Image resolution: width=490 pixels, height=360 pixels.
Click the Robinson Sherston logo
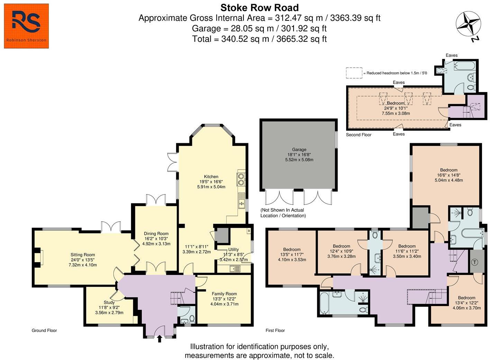pos(26,26)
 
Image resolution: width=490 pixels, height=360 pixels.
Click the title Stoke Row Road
pos(259,8)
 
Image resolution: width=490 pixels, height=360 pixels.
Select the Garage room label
pos(299,149)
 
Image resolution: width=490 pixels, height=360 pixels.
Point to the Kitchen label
pos(211,176)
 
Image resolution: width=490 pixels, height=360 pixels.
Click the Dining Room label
pos(156,233)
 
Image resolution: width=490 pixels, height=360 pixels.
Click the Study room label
pos(109,302)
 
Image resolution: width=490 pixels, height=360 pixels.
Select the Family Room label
pos(224,294)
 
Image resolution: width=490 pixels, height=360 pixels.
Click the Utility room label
pos(233,249)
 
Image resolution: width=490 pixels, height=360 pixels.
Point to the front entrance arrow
pos(159,339)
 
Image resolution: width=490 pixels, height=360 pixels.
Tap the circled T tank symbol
pos(475,262)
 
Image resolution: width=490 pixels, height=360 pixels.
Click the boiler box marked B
pos(249,231)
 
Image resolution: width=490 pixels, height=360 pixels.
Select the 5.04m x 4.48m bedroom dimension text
pos(449,180)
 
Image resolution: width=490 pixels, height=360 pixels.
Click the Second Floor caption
pos(359,135)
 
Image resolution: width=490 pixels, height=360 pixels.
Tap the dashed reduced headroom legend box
pos(354,73)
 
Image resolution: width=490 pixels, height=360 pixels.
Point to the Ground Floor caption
pos(44,331)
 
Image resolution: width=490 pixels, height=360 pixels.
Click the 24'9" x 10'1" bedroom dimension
pos(396,108)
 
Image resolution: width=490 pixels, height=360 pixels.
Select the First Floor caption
pos(275,331)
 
